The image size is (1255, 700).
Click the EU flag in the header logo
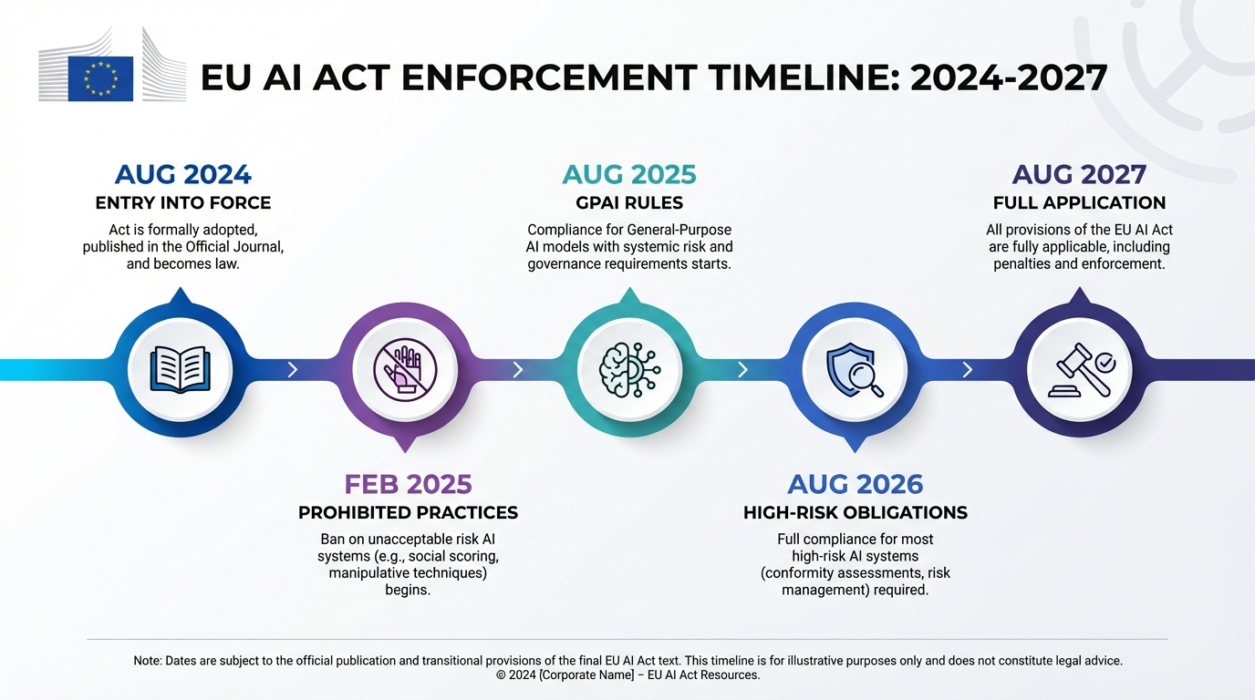point(101,78)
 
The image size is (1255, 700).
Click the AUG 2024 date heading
point(183,174)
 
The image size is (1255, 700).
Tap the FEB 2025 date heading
point(408,483)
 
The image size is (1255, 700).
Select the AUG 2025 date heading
point(629,174)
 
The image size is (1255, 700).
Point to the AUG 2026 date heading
point(855,483)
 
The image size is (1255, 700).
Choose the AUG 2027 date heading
point(1079,174)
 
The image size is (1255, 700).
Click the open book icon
point(181,369)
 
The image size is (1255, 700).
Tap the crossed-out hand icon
point(405,369)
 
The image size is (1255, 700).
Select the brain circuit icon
point(629,369)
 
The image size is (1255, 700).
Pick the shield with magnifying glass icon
point(855,369)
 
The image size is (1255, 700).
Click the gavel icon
point(1080,369)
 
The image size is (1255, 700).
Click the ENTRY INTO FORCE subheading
point(183,203)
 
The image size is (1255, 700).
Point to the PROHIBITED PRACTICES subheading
point(408,513)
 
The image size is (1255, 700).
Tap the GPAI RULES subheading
point(629,203)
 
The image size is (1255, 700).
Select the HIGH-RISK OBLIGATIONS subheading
point(855,513)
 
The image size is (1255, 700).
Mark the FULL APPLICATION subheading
point(1079,203)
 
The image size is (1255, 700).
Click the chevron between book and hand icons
point(293,369)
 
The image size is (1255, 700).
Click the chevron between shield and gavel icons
point(968,369)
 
